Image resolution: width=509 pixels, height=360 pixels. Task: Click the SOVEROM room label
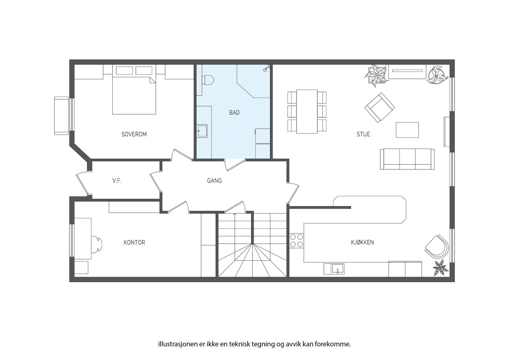pyautogui.click(x=134, y=134)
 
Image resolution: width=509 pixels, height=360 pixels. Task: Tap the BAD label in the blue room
pyautogui.click(x=234, y=113)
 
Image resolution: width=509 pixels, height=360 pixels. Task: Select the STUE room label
pyautogui.click(x=363, y=134)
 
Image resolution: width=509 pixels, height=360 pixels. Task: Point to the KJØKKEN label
pyautogui.click(x=362, y=242)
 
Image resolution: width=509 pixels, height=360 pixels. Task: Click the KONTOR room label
pyautogui.click(x=134, y=243)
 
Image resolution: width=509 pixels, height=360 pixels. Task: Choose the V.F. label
pyautogui.click(x=117, y=181)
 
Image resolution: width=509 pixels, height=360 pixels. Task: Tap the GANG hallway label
pyautogui.click(x=214, y=181)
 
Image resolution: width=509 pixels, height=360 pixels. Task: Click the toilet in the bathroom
pyautogui.click(x=207, y=80)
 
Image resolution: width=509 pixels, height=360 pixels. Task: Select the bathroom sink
pyautogui.click(x=202, y=131)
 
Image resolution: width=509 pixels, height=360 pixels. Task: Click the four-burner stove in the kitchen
pyautogui.click(x=296, y=240)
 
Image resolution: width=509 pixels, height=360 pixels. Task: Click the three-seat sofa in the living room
pyautogui.click(x=407, y=159)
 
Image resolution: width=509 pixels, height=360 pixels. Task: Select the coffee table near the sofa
pyautogui.click(x=407, y=130)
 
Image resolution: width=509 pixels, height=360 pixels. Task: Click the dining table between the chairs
pyautogui.click(x=307, y=111)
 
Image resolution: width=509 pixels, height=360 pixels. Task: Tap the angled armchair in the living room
pyautogui.click(x=379, y=107)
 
